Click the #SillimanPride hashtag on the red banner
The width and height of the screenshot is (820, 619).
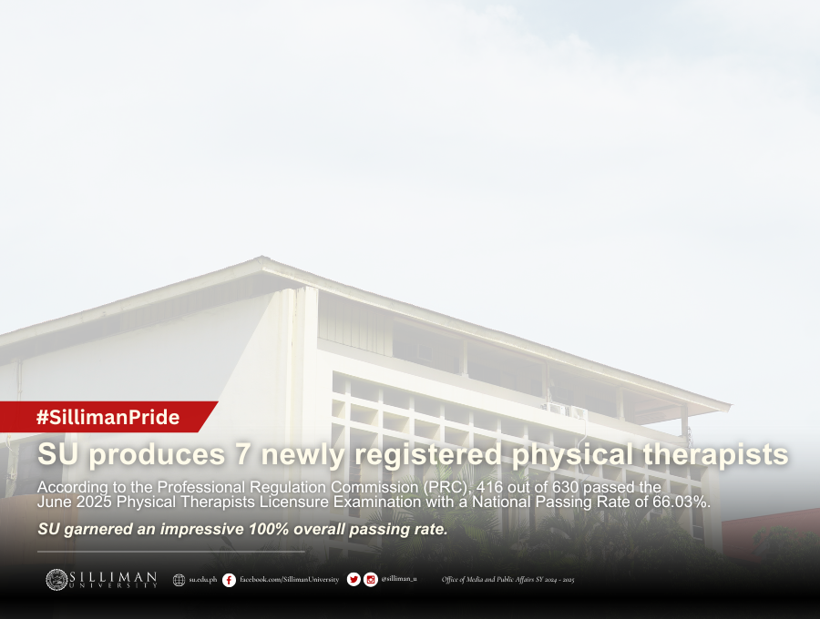click(x=108, y=417)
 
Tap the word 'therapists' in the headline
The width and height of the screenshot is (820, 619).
click(x=715, y=454)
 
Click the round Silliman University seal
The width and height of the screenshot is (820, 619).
click(x=56, y=580)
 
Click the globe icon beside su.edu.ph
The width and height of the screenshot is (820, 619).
click(x=179, y=580)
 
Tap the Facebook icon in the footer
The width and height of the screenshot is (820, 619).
click(x=229, y=580)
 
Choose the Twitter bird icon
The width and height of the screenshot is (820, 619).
click(x=354, y=579)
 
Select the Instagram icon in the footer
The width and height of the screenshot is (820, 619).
click(x=371, y=579)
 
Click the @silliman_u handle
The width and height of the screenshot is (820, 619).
click(x=399, y=579)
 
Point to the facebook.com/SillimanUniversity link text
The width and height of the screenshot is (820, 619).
click(x=289, y=579)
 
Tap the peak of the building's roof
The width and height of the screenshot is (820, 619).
click(x=262, y=257)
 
